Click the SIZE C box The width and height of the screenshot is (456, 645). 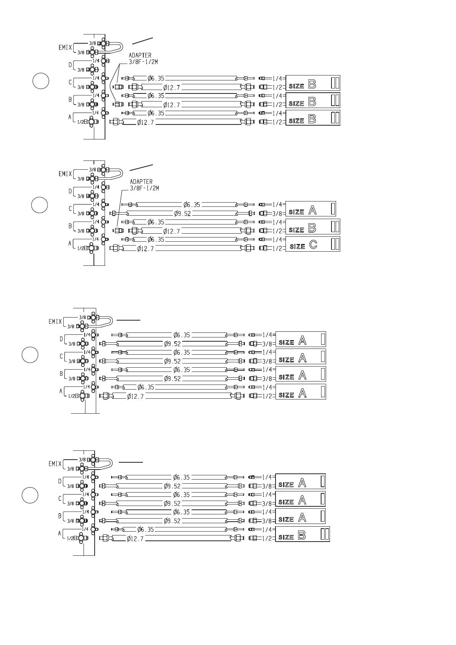point(313,244)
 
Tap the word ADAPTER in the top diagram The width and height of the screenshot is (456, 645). point(140,56)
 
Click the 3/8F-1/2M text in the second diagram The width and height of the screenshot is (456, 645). point(144,188)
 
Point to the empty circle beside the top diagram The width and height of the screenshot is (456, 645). point(40,81)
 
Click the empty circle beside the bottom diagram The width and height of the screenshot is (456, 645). point(30,495)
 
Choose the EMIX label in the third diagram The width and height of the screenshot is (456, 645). point(55,322)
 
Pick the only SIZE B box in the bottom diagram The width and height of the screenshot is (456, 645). point(302,534)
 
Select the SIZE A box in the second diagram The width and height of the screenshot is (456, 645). point(310,209)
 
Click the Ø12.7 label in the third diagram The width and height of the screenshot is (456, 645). point(135,396)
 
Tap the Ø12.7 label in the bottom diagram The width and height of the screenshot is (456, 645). point(135,539)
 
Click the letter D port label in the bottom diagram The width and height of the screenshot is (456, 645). point(60,481)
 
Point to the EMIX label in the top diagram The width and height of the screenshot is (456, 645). point(65,47)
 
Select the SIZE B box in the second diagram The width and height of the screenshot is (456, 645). point(313,227)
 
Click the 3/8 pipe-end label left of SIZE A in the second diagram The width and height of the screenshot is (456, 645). point(277,214)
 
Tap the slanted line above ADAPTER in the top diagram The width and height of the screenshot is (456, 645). point(143,41)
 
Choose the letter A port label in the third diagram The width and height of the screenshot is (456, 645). point(61,391)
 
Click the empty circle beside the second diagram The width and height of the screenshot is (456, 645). point(39,205)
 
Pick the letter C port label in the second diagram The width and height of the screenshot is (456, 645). point(70,209)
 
